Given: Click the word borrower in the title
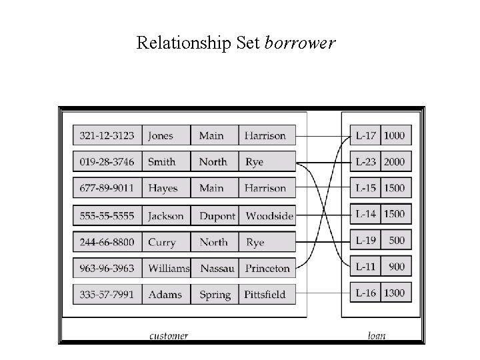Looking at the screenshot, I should click(300, 43).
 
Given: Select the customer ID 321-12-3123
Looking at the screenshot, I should click(107, 135).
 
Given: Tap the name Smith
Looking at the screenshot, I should click(162, 161).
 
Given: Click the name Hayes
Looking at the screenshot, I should click(163, 189).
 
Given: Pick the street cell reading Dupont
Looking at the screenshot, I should click(217, 216).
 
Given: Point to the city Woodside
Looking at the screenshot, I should click(269, 216).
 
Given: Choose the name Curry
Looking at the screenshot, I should click(161, 243).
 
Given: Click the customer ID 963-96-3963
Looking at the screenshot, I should click(107, 269).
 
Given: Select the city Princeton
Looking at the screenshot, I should click(267, 269).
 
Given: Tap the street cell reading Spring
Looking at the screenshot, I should click(215, 295).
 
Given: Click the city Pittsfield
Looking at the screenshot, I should click(265, 295).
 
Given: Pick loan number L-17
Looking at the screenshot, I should click(366, 135).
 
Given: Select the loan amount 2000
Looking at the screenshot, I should click(393, 161).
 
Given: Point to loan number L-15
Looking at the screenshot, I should click(366, 188).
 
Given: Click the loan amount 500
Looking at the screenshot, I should click(397, 240).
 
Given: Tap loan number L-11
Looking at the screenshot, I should click(366, 266).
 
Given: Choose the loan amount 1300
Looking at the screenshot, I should click(393, 293).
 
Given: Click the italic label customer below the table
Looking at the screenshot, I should click(168, 336).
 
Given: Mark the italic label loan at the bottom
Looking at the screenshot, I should click(377, 336).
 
